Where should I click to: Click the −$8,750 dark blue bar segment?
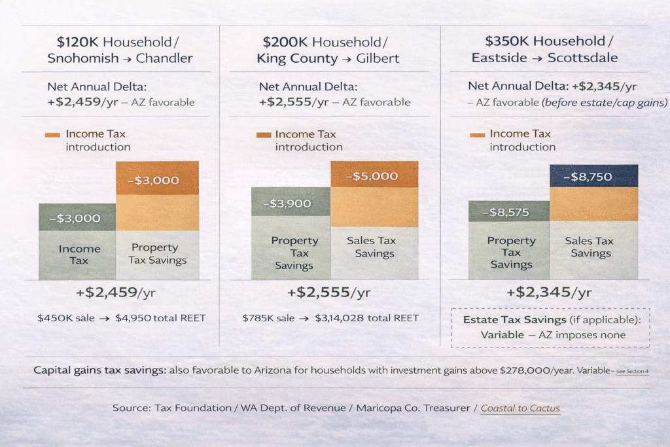[593, 176]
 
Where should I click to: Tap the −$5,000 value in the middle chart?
[375, 175]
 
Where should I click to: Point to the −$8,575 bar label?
[508, 212]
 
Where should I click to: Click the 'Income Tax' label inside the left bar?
[79, 255]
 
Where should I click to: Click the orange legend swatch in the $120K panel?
[53, 135]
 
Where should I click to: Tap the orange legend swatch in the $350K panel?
[478, 135]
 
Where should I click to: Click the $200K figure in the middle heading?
[286, 42]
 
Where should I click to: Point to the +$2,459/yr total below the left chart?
[115, 292]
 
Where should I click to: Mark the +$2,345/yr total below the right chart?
[549, 292]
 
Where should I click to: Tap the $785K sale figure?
[258, 319]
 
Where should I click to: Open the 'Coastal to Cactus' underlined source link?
[520, 408]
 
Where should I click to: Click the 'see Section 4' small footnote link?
[632, 371]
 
